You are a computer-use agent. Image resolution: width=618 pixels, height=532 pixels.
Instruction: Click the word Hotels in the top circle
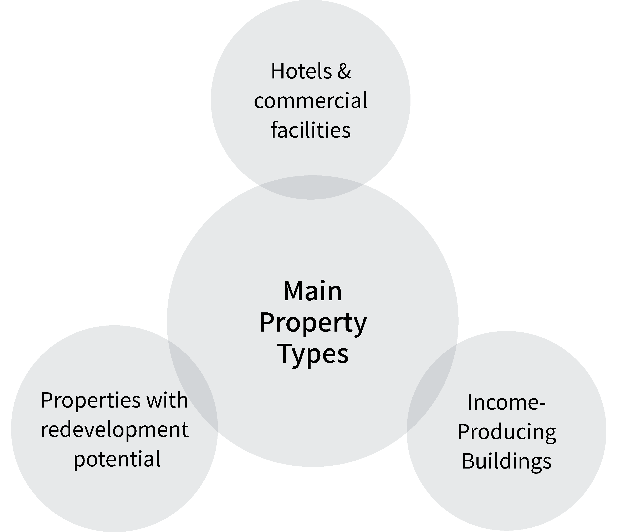[301, 72]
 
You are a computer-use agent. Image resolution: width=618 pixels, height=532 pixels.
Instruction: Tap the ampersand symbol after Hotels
[344, 72]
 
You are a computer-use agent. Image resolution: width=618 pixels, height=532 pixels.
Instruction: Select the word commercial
[311, 101]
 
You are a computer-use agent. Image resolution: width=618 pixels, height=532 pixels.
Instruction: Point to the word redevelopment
[114, 430]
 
